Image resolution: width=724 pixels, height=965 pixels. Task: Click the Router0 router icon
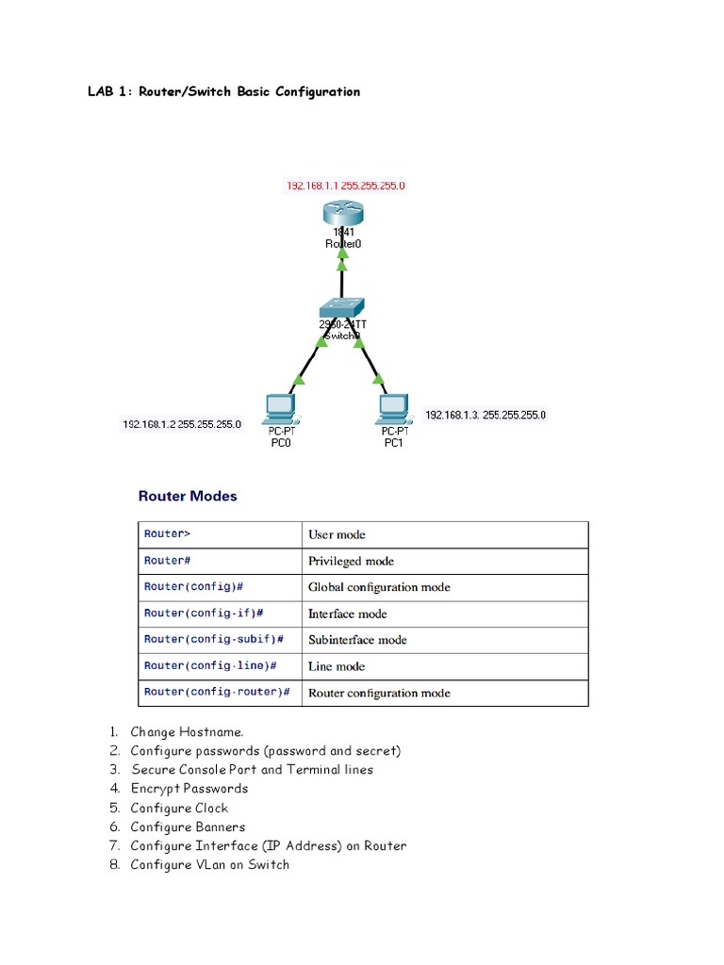(342, 212)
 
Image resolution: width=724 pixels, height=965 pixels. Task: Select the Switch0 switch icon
(340, 309)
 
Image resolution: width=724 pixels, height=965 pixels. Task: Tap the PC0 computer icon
(280, 407)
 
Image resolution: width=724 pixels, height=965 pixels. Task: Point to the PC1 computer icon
(393, 407)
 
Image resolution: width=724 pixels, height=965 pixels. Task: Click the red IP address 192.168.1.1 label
(346, 186)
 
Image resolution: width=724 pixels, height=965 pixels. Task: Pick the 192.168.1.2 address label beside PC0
(182, 424)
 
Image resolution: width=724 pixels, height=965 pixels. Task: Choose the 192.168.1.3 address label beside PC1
(485, 415)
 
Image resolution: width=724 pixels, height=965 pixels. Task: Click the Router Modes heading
(188, 496)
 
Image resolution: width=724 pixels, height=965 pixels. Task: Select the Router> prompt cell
(167, 534)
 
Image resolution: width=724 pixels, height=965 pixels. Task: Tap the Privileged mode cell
(351, 561)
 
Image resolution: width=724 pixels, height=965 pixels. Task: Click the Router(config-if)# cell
(203, 613)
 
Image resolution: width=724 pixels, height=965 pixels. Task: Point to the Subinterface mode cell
(357, 640)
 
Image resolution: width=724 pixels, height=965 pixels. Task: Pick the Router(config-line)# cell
(209, 666)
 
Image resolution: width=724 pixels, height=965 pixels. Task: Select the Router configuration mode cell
(379, 693)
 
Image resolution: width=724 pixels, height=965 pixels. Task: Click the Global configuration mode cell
(379, 587)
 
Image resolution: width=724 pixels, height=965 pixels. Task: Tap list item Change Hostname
(187, 732)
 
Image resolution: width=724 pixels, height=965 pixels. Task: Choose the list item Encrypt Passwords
(189, 789)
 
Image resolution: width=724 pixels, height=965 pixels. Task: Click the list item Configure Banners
(188, 826)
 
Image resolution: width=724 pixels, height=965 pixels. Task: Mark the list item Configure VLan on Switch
(209, 864)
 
